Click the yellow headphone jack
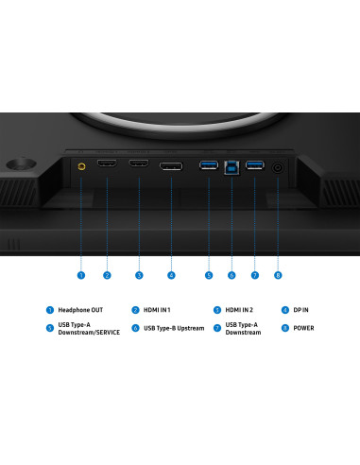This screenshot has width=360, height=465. click(x=81, y=166)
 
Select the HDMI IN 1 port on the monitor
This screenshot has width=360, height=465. click(x=107, y=164)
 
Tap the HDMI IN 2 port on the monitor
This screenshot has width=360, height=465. click(x=139, y=164)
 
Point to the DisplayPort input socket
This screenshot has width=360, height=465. click(x=171, y=166)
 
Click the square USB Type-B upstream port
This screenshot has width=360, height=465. click(x=231, y=167)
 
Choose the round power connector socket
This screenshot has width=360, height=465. click(x=278, y=167)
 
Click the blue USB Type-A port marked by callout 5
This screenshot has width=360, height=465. click(x=209, y=164)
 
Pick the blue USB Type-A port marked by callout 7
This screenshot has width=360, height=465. click(x=255, y=164)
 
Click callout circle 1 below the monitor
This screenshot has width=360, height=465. click(x=81, y=275)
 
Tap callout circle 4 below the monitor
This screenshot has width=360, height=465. click(x=171, y=275)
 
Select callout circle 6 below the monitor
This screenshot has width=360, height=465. click(x=231, y=275)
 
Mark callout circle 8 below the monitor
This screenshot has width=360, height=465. click(x=278, y=275)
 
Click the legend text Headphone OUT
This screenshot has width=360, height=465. click(x=80, y=310)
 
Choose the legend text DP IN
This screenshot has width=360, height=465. click(x=300, y=310)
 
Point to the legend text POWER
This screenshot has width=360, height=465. click(x=303, y=328)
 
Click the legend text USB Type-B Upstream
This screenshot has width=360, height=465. click(x=174, y=328)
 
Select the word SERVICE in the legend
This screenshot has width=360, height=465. click(x=108, y=333)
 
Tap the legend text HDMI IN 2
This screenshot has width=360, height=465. click(x=239, y=310)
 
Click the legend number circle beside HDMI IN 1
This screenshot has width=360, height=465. click(x=135, y=310)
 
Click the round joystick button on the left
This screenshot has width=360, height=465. click(x=22, y=164)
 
